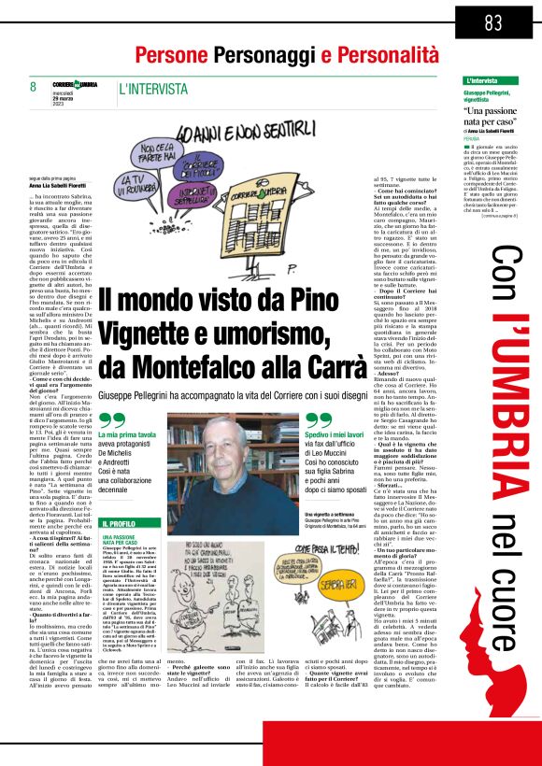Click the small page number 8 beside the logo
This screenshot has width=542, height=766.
coord(33,87)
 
